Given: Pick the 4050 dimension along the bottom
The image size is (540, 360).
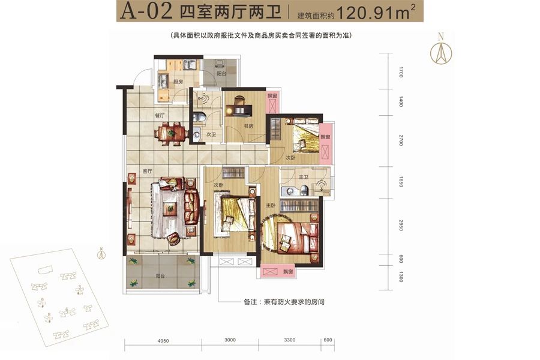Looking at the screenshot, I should (x=163, y=341).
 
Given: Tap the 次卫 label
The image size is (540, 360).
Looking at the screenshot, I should (x=211, y=136).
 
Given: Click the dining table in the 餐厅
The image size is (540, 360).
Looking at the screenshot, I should (x=170, y=133).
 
